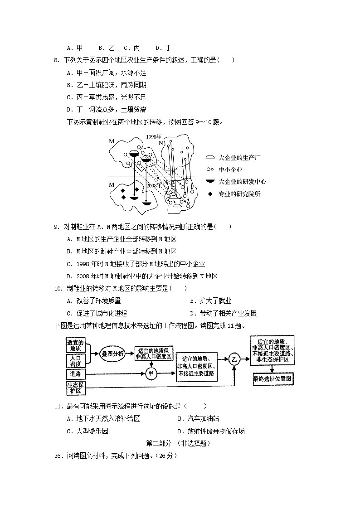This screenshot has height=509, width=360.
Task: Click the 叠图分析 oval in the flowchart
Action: [112, 354]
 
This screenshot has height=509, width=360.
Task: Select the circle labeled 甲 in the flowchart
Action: [151, 374]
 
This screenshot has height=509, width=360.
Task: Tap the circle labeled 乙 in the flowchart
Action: [234, 359]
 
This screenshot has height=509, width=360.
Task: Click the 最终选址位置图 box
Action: [273, 378]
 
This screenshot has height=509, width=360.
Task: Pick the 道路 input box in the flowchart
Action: [75, 374]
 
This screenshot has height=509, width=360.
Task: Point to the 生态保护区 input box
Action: [75, 388]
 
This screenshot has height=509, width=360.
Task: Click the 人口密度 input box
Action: [76, 360]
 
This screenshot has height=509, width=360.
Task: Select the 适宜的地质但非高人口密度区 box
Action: [153, 354]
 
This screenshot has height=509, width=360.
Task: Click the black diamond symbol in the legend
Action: [209, 194]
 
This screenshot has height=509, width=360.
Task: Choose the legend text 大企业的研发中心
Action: [242, 182]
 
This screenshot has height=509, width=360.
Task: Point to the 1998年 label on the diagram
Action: [154, 136]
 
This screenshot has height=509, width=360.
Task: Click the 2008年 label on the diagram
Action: [154, 185]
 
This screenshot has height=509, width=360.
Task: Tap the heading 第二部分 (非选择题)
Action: [179, 443]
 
